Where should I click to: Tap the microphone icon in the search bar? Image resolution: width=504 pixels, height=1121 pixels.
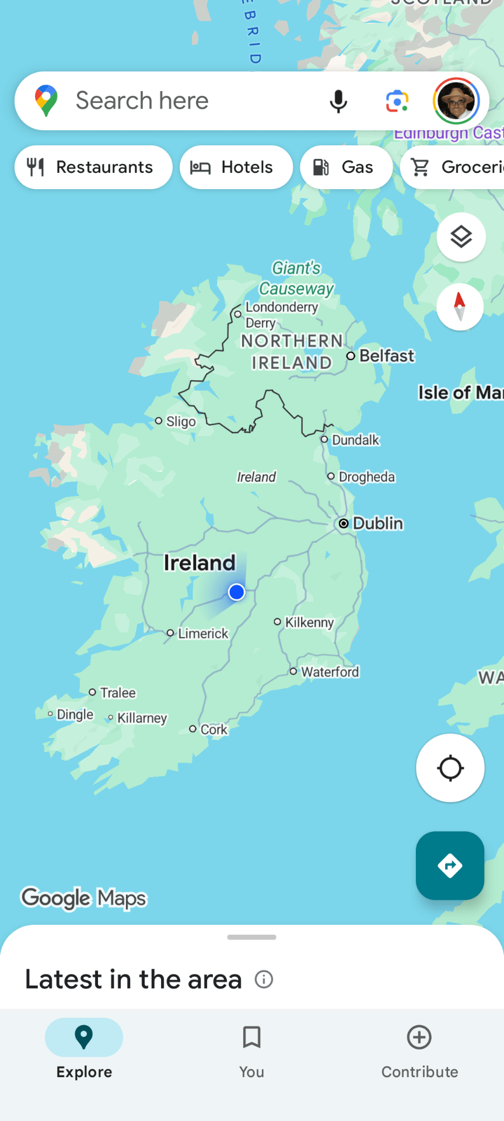[x=338, y=101]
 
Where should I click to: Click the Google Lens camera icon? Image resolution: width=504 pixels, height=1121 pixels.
[x=397, y=101]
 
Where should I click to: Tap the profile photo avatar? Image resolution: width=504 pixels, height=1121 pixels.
[x=456, y=101]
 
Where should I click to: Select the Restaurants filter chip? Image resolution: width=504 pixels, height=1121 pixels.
[x=93, y=167]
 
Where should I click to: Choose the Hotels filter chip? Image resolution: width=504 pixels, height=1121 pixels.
[x=236, y=167]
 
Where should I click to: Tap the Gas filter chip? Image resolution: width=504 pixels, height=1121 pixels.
[x=346, y=167]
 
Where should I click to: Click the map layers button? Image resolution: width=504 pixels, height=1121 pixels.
[x=461, y=237]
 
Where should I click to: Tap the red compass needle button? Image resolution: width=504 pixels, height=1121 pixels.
[x=460, y=307]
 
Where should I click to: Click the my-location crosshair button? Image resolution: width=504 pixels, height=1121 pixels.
[x=450, y=768]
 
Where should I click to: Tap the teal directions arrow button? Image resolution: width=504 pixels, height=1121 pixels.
[x=450, y=865]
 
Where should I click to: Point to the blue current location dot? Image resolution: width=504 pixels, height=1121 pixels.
[x=236, y=592]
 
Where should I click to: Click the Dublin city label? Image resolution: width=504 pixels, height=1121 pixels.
[x=377, y=523]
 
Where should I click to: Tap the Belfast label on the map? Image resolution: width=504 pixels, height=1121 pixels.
[x=386, y=356]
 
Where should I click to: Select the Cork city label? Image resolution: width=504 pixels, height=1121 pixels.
[x=213, y=729]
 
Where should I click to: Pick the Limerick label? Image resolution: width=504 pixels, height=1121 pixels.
[x=202, y=633]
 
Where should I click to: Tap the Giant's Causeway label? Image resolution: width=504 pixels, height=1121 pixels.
[x=296, y=278]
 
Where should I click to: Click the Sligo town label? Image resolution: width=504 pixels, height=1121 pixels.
[x=180, y=421]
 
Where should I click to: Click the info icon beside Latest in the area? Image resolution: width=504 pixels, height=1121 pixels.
[x=264, y=979]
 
